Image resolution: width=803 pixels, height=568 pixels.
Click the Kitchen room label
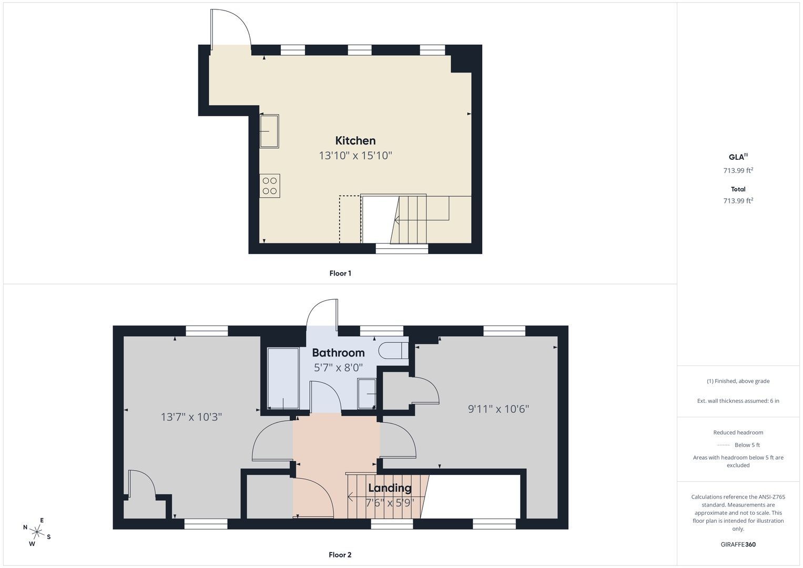click(x=355, y=140)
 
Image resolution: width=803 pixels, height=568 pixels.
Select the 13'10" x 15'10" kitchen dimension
click(x=355, y=156)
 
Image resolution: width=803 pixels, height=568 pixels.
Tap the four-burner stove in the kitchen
click(x=270, y=186)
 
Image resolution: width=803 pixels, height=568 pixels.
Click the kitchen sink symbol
click(x=269, y=131)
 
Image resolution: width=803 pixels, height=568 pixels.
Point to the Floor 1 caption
click(x=340, y=273)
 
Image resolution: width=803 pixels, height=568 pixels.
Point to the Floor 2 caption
click(x=340, y=555)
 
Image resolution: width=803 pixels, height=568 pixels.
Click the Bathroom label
click(x=338, y=353)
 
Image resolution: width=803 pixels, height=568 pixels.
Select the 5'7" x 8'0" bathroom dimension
click(x=338, y=368)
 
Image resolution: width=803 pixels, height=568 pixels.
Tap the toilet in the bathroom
click(x=393, y=350)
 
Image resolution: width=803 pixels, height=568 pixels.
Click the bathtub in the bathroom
click(x=283, y=378)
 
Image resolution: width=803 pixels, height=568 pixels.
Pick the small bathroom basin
click(x=367, y=394)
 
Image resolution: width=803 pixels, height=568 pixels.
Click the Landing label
click(x=390, y=488)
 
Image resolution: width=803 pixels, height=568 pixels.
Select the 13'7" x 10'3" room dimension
click(x=191, y=417)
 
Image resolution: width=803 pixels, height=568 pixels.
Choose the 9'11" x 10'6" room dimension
click(x=499, y=409)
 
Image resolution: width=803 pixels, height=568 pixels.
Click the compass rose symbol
click(x=37, y=532)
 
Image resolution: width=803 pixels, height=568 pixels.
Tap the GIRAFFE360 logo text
click(x=738, y=544)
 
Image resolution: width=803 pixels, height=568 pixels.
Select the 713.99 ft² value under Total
click(x=738, y=200)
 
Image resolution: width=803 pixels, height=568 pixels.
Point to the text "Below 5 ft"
click(x=747, y=445)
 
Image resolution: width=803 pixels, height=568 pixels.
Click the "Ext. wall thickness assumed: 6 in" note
click(x=738, y=401)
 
